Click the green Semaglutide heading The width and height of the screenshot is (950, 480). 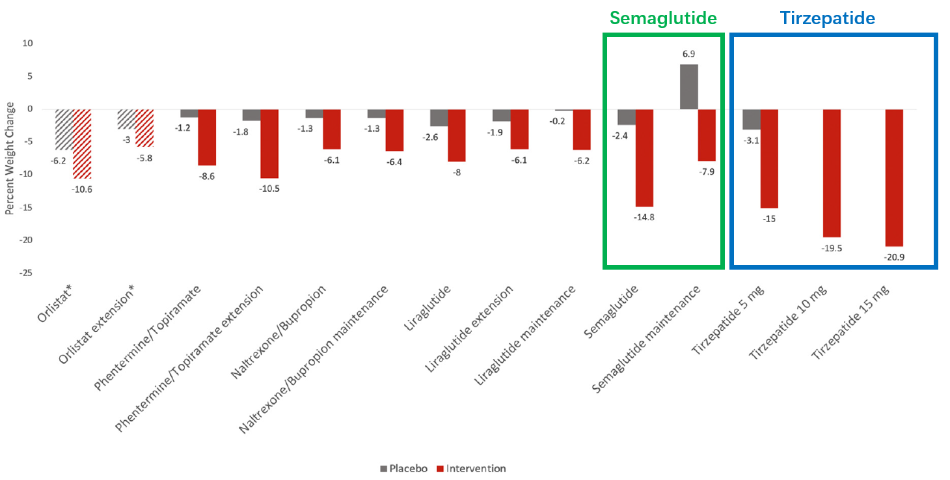coord(664,18)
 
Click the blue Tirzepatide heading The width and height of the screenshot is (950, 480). coord(827,18)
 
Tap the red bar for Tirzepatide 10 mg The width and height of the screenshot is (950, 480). coord(832,173)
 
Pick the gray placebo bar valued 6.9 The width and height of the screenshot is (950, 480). coord(689,87)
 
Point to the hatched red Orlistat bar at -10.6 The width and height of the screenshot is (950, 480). coord(81,144)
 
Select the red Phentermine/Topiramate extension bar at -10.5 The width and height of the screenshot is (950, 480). coord(269,143)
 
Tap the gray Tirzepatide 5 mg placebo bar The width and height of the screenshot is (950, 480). coord(751,119)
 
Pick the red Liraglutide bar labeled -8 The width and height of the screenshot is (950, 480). coord(457,135)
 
